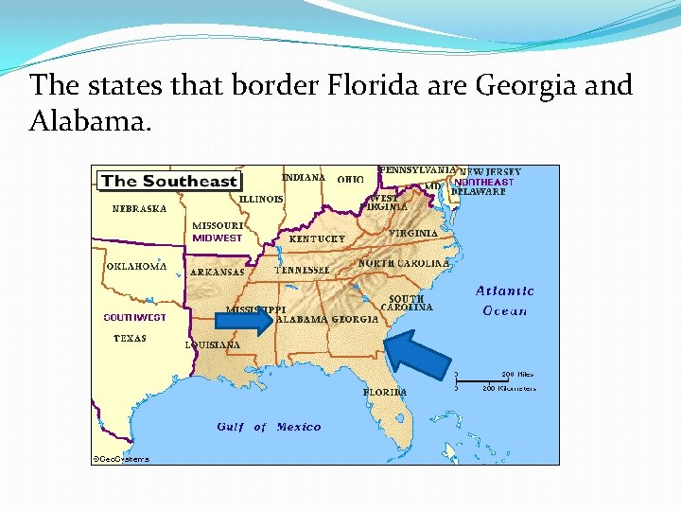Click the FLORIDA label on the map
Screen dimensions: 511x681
point(385,392)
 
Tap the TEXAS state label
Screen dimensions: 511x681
point(130,339)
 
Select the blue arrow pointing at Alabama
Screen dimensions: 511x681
point(250,322)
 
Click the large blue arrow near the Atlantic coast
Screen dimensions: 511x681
point(416,354)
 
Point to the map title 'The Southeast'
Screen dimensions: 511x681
point(169,181)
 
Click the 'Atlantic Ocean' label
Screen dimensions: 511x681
point(504,301)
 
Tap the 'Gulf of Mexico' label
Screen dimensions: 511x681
point(269,427)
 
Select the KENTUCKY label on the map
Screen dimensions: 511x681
point(317,239)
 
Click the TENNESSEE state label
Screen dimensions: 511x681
point(303,270)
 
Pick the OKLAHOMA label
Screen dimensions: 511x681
point(136,266)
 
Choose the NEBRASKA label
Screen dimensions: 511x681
point(139,208)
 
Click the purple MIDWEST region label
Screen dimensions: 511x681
point(217,238)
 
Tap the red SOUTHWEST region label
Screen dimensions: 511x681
point(134,318)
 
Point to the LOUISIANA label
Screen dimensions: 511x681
point(213,345)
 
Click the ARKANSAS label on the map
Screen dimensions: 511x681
point(218,273)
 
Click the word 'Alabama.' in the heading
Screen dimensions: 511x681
point(90,121)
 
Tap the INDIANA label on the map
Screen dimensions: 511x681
point(304,177)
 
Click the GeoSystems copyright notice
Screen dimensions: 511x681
point(120,459)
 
